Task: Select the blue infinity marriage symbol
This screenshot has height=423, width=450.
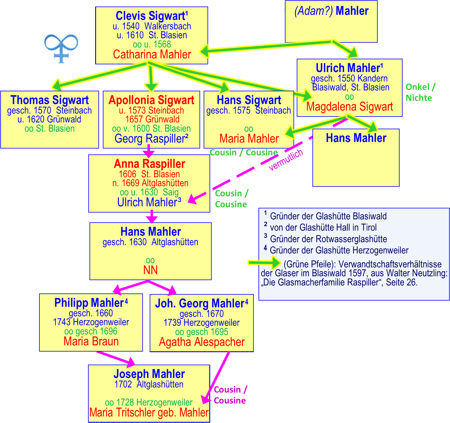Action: [x=61, y=47]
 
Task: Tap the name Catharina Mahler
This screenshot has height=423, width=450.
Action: [x=152, y=55]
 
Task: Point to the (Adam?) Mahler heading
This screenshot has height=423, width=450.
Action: [x=331, y=11]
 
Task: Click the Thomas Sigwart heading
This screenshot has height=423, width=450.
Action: [x=50, y=100]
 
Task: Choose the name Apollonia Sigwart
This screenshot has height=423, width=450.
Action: [x=151, y=100]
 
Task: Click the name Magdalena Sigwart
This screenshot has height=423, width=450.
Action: [x=350, y=107]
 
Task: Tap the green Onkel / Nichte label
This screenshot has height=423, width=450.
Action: [x=420, y=92]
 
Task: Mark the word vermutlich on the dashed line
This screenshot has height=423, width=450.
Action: [x=286, y=160]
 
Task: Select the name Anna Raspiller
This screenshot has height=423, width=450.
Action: [x=149, y=164]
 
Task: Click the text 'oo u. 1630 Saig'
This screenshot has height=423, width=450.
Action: [x=149, y=192]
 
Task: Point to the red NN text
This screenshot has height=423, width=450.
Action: [x=150, y=270]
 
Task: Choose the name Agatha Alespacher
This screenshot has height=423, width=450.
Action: [x=202, y=342]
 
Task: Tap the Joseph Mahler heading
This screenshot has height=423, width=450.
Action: [x=149, y=374]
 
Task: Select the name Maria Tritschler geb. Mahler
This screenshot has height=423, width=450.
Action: [x=149, y=412]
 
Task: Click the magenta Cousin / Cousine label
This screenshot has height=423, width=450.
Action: [x=230, y=395]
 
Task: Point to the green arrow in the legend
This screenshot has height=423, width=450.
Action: [x=264, y=263]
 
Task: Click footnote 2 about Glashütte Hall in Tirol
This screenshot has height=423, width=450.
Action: [x=323, y=227]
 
